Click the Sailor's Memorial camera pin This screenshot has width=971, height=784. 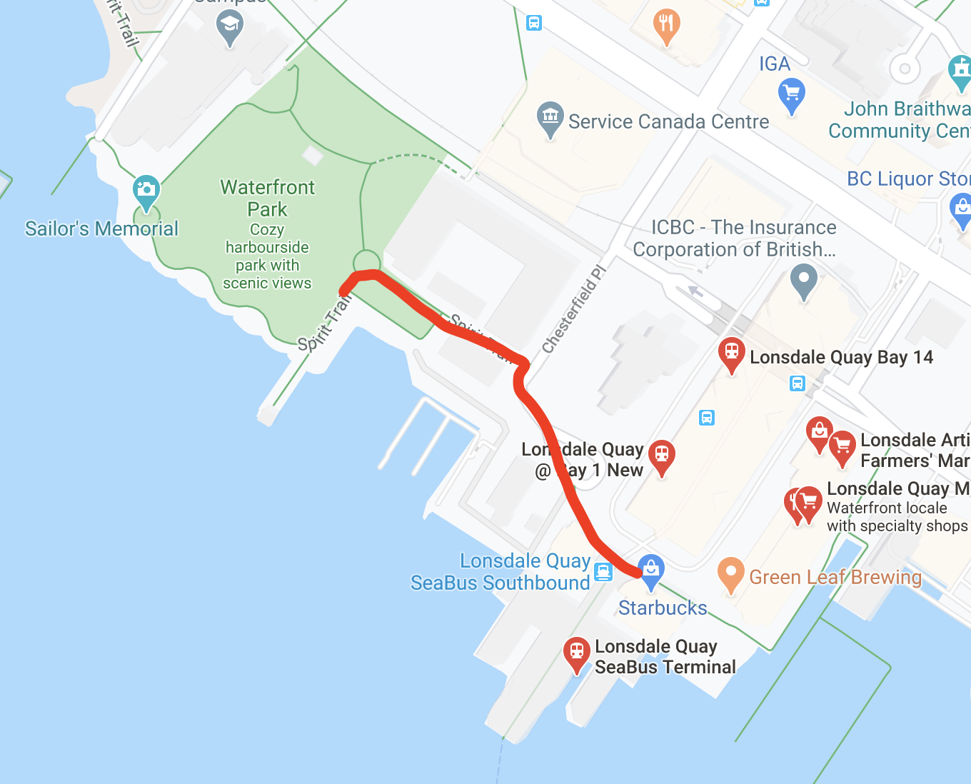[146, 190]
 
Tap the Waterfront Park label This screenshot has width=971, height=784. [267, 198]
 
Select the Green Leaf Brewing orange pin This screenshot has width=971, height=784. [730, 573]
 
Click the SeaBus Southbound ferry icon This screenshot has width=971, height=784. [603, 571]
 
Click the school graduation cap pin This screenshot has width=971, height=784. [229, 26]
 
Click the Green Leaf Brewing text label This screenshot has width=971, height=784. [835, 577]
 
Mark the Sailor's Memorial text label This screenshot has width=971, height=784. [101, 228]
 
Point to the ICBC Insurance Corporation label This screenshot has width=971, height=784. [735, 238]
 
